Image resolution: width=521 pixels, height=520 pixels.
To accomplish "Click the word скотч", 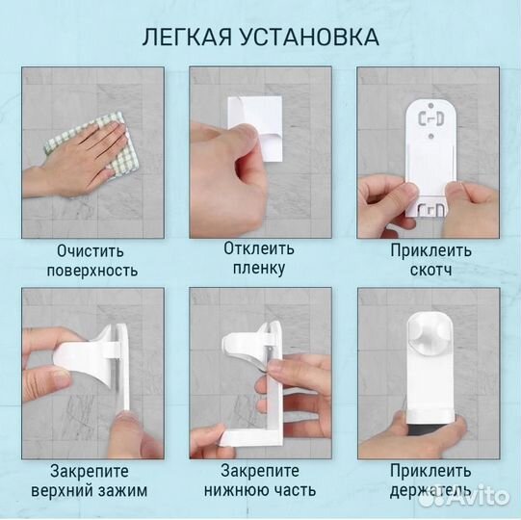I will (x=430, y=271).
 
